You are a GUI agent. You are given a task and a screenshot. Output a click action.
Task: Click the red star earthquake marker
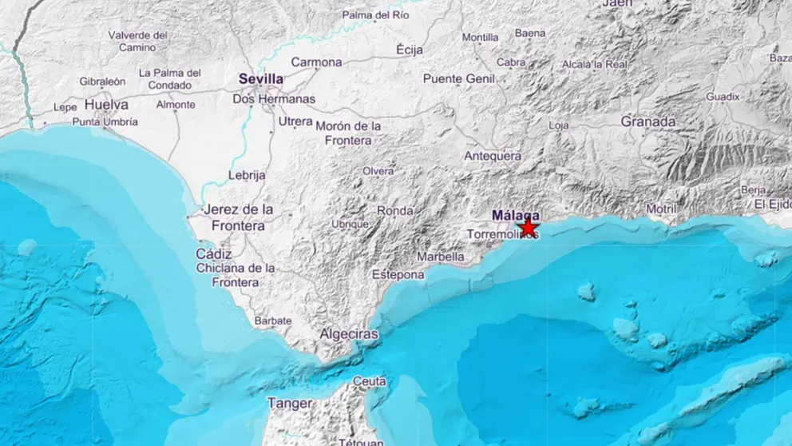point(528,227)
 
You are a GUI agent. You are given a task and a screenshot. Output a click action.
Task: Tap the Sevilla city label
point(261,79)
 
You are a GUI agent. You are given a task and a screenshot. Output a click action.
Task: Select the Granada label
point(648,121)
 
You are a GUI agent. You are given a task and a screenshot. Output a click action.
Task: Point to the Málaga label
point(515,215)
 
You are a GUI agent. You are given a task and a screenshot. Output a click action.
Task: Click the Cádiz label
point(213,253)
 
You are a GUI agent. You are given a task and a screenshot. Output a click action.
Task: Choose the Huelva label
point(106,104)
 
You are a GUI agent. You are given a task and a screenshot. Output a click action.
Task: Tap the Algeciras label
point(348,334)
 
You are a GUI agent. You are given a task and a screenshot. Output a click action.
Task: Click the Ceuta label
point(369,381)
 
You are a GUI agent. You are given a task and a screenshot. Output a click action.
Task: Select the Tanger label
point(290,404)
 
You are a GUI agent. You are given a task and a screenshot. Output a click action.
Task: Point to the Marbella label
point(441,257)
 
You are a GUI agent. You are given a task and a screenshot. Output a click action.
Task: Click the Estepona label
point(398,274)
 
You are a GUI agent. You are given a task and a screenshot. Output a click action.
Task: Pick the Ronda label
point(395,211)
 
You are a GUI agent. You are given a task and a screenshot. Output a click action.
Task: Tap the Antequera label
point(493,156)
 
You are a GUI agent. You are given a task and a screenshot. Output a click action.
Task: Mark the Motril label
point(661,209)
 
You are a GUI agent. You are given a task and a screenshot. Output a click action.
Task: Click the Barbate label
point(273,321)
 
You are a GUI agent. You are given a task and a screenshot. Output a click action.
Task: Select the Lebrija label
point(247,175)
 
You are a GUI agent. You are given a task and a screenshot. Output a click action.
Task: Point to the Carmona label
point(316,62)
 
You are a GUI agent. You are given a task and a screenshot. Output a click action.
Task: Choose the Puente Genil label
point(459,78)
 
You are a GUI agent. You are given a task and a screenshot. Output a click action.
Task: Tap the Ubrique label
point(350,225)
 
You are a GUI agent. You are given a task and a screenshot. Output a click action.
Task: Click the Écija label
point(410,50)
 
